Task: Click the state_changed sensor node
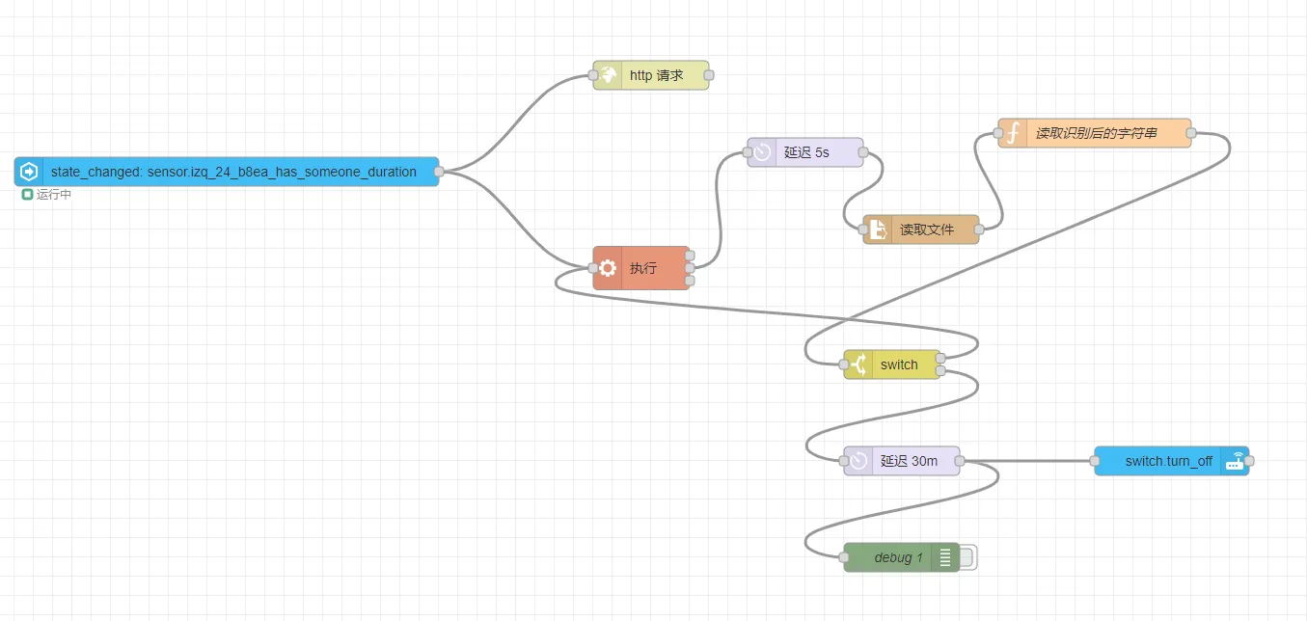[x=231, y=172]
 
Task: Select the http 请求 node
[x=656, y=75]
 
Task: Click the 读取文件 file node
[x=926, y=229]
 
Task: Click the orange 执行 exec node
[x=642, y=268]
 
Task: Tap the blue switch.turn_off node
[x=1168, y=461]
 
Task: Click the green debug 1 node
[x=897, y=557]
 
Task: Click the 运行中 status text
[x=54, y=195]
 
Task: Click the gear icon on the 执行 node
[x=608, y=268]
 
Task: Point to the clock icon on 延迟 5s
[x=762, y=152]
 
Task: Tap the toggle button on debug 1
[x=966, y=557]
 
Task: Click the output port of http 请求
[x=709, y=75]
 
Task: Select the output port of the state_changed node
[x=439, y=172]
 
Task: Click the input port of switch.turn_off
[x=1095, y=461]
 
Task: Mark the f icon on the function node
[x=1013, y=133]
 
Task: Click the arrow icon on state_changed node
[x=29, y=172]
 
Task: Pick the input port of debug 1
[x=844, y=557]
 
